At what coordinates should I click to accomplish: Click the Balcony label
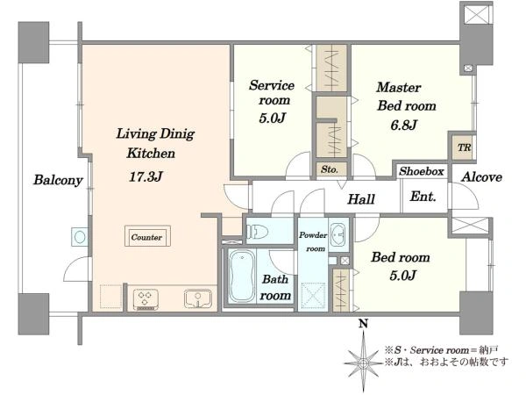coord(58,180)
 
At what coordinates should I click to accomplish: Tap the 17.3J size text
coord(146,176)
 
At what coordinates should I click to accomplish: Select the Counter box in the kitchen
coord(147,236)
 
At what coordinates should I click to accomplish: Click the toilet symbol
coord(257,232)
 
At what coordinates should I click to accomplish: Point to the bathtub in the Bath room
coord(242,276)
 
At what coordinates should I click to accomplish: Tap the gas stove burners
coord(146,298)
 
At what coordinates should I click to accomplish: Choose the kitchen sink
coord(198,298)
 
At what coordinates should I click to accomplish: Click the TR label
coord(465,147)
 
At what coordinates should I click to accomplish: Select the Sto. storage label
coord(329,169)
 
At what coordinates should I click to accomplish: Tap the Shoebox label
coord(422,171)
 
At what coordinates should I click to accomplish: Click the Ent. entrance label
coord(423,196)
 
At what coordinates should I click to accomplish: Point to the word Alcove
coord(481,177)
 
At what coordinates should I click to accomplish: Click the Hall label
coord(361,199)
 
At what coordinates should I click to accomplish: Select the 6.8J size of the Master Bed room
coord(403,125)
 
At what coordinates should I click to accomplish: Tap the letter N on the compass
coord(363,323)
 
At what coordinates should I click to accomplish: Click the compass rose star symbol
coord(363,363)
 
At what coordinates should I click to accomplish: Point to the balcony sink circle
coord(80,237)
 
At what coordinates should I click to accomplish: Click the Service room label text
coord(272,93)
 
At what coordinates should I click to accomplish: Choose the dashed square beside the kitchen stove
coord(110,297)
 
